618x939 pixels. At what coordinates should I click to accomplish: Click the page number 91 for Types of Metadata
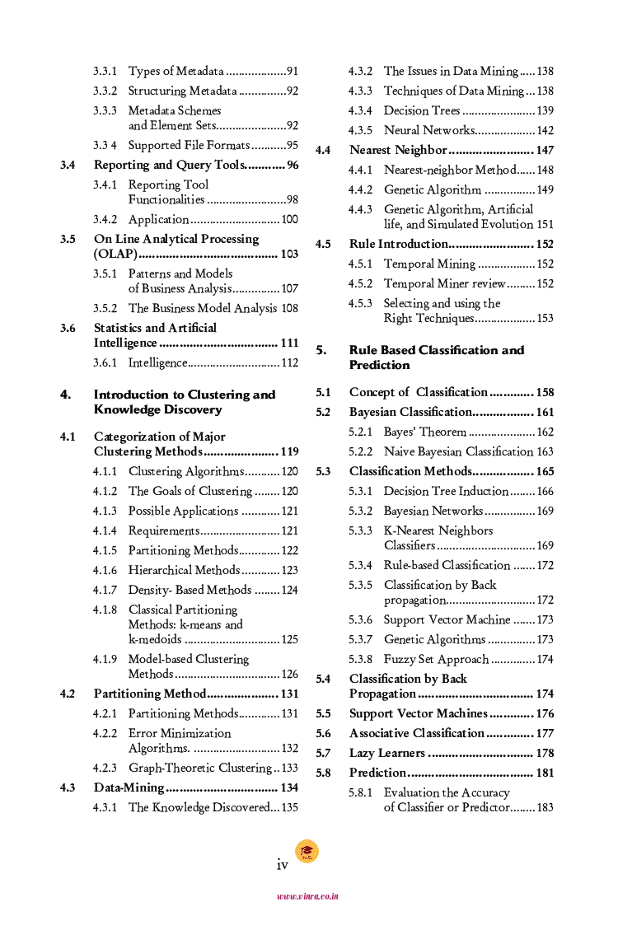[292, 72]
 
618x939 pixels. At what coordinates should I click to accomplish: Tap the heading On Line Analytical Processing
[176, 240]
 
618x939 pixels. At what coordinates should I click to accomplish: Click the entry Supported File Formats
[189, 146]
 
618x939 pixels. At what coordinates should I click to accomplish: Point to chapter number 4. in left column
[66, 395]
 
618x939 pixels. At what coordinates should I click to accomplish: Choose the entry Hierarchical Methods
[184, 571]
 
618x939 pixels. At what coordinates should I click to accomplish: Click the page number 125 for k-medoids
[289, 640]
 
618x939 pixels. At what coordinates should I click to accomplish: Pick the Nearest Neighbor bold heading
[398, 151]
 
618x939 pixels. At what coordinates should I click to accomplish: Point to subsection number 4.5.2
[360, 284]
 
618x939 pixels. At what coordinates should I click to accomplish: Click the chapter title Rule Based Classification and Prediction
[436, 357]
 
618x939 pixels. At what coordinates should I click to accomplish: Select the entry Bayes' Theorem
[424, 432]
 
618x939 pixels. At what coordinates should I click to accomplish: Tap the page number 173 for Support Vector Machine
[545, 620]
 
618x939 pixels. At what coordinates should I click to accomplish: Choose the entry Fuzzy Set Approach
[436, 660]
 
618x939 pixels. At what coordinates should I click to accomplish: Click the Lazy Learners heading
[387, 754]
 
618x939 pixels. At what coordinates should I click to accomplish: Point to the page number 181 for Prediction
[545, 773]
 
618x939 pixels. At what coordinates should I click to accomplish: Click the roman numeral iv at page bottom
[282, 864]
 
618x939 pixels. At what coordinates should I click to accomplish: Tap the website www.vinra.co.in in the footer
[307, 897]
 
